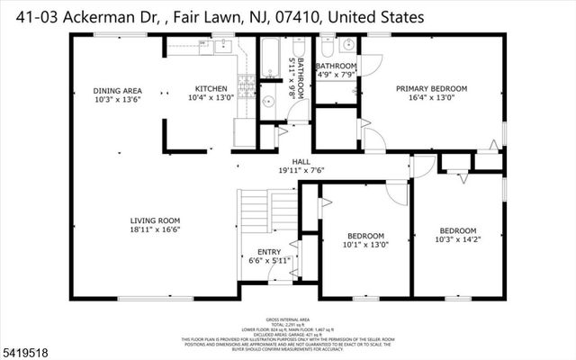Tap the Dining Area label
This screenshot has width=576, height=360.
point(119,90)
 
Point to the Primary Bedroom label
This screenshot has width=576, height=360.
point(438,88)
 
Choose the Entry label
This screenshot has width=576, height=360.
point(268,252)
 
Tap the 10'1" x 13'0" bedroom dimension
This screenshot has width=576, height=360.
point(365,244)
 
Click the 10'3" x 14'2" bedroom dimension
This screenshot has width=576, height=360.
point(458,239)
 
